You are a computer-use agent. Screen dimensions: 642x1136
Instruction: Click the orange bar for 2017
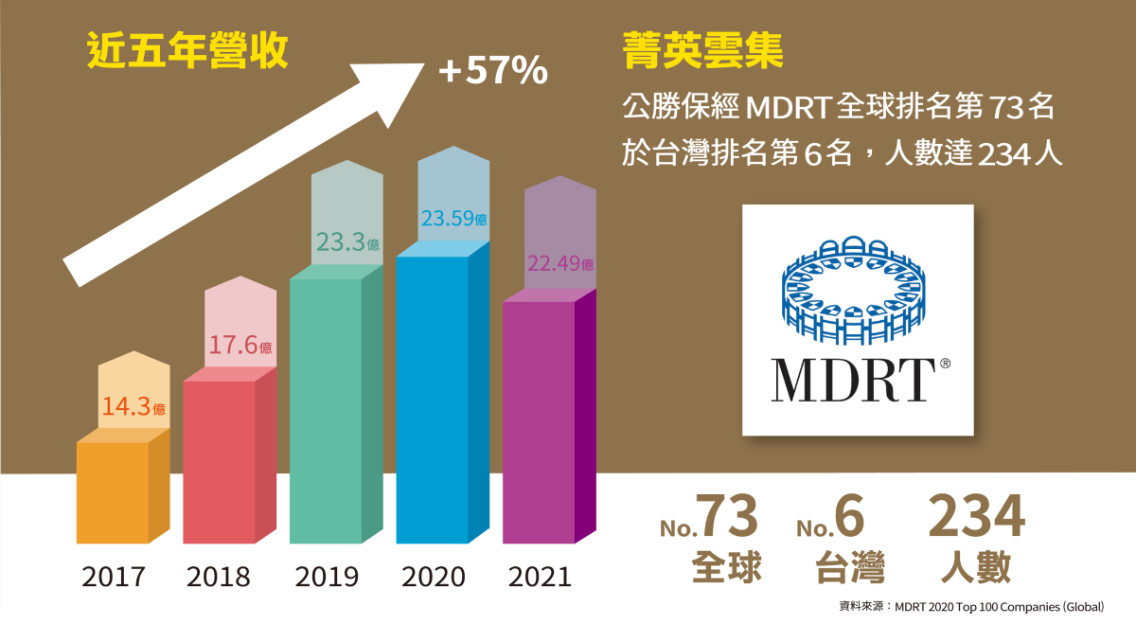(112, 492)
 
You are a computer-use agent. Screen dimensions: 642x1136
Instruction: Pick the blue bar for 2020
(432, 399)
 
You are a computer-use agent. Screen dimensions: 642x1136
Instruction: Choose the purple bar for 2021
(539, 421)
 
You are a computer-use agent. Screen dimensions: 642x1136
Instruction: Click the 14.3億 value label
(133, 408)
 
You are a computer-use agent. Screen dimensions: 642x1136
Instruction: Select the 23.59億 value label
(454, 219)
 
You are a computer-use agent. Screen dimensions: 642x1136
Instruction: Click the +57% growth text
(493, 71)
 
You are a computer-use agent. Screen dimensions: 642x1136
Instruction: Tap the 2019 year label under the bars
(327, 577)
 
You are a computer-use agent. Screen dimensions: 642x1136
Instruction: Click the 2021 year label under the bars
(540, 577)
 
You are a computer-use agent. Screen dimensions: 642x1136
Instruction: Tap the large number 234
(976, 517)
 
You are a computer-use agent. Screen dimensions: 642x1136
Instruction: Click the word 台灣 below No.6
(850, 569)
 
